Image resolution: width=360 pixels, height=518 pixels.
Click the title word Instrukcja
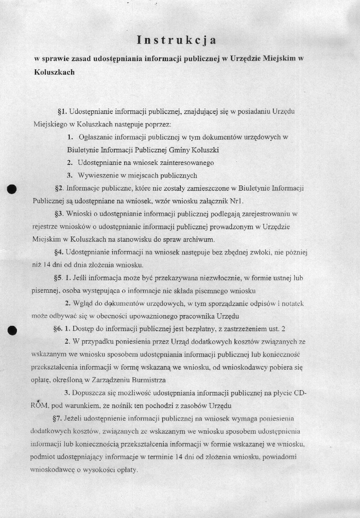coord(176,41)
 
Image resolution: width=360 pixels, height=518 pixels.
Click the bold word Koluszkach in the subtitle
coord(54,72)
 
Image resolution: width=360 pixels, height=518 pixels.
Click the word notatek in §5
coord(293,303)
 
